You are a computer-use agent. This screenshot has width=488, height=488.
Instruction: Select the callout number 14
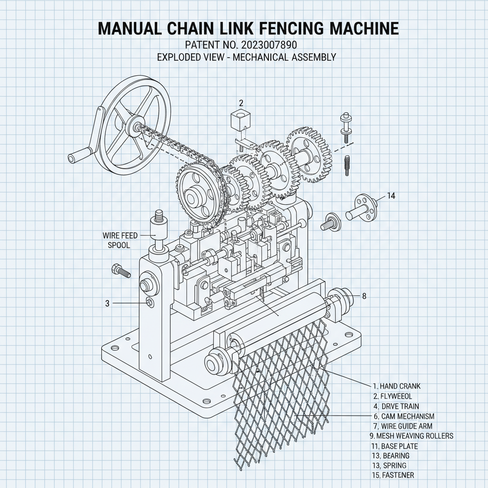tap(391, 195)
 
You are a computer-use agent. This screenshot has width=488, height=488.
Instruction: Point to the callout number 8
tap(364, 296)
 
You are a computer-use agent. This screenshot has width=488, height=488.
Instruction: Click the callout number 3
tap(107, 303)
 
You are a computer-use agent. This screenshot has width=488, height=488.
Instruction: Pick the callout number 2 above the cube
tap(241, 102)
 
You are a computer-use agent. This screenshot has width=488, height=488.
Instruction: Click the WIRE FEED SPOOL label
tap(116, 240)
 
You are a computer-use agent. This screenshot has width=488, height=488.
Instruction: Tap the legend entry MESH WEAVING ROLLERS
tap(411, 436)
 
